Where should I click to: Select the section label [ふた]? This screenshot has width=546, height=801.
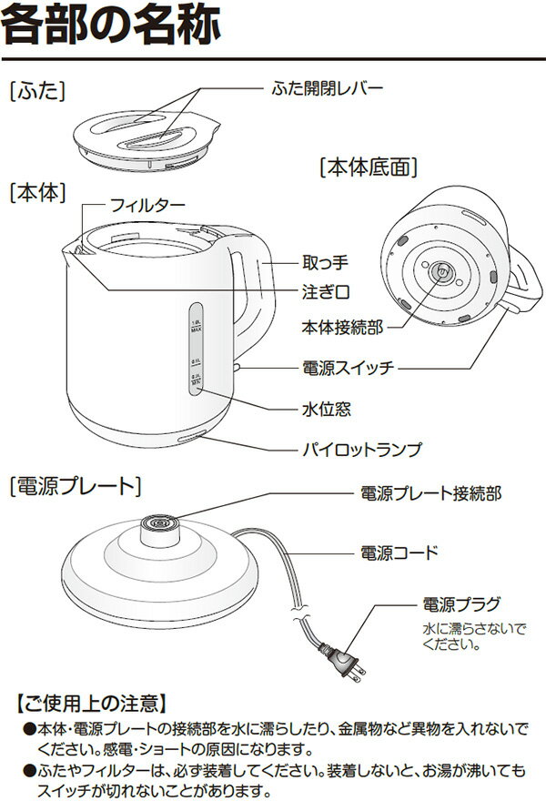[x=39, y=92]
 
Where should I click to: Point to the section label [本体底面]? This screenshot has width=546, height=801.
[x=369, y=167]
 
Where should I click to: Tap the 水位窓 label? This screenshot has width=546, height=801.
[x=325, y=410]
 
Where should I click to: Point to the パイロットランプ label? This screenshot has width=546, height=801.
[x=361, y=450]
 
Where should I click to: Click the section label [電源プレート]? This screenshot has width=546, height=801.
[x=75, y=486]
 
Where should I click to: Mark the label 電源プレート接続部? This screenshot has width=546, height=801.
[x=430, y=493]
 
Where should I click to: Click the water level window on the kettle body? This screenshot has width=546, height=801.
[x=196, y=346]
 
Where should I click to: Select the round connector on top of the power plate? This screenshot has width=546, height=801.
[x=158, y=524]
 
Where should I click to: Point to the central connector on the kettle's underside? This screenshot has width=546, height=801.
[x=440, y=272]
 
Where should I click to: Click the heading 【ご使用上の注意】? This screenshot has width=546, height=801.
[x=90, y=702]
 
